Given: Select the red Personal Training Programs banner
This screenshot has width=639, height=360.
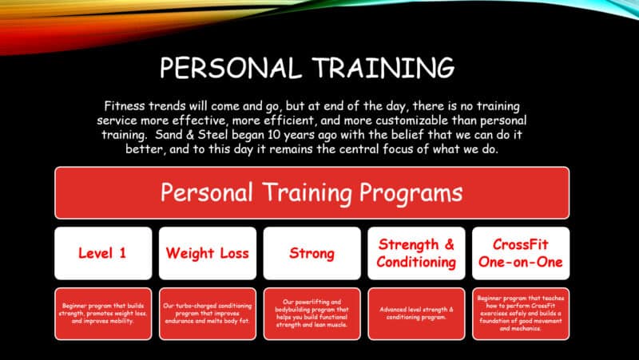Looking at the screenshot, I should [312, 192].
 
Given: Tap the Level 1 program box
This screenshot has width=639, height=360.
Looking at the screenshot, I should [102, 253].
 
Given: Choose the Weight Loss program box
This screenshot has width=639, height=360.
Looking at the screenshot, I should [207, 253].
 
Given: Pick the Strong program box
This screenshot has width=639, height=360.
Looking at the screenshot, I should [312, 253].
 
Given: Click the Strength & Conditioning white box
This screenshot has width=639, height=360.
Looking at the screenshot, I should [416, 253].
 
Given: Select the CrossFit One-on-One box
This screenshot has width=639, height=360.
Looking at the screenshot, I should [521, 253].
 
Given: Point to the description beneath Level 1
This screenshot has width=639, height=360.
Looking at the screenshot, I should [102, 314].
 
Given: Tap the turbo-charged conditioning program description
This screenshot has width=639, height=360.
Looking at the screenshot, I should [207, 314].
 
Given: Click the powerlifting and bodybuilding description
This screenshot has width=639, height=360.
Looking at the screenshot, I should [312, 314].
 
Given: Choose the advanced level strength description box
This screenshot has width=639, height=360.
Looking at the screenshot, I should [416, 314].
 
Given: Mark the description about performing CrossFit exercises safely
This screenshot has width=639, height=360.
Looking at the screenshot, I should [521, 314].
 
